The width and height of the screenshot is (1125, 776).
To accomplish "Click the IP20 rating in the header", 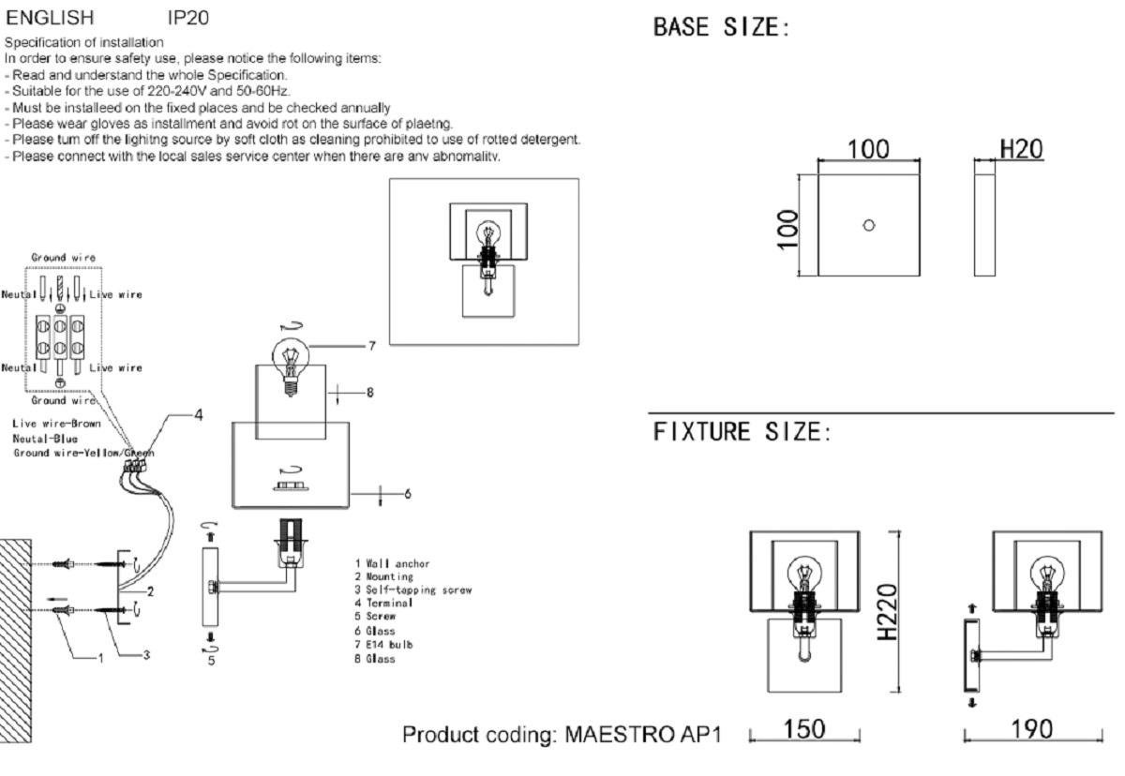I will pyautogui.click(x=187, y=18).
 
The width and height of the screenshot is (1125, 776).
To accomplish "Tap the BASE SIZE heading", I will pyautogui.click(x=721, y=28).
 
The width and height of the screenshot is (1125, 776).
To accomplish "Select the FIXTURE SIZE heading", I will pyautogui.click(x=741, y=432).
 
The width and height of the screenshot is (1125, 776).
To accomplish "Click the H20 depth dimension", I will pyautogui.click(x=1021, y=149).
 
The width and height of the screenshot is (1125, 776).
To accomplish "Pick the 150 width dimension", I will pyautogui.click(x=804, y=729).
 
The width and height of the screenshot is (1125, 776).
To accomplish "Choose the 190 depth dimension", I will pyautogui.click(x=1032, y=729).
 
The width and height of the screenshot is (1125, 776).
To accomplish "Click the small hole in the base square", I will pyautogui.click(x=868, y=225).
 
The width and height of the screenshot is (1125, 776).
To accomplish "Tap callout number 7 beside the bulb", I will pyautogui.click(x=371, y=346).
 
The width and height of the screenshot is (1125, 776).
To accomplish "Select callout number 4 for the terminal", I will pyautogui.click(x=197, y=413).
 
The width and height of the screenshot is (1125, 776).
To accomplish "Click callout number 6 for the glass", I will pyautogui.click(x=407, y=492).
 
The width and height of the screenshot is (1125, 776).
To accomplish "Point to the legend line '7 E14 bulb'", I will pyautogui.click(x=383, y=645).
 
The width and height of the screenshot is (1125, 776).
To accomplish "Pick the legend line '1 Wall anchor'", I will pyautogui.click(x=392, y=563).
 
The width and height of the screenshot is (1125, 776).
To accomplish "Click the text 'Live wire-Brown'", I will pyautogui.click(x=56, y=424).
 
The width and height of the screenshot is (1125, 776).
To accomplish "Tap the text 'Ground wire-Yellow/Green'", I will pyautogui.click(x=83, y=453).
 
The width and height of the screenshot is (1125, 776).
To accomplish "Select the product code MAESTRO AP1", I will pyautogui.click(x=643, y=734).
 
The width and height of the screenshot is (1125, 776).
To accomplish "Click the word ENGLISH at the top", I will pyautogui.click(x=50, y=18).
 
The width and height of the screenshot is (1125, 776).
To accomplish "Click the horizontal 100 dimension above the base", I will pyautogui.click(x=868, y=149).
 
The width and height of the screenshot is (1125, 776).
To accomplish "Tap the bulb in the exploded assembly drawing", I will pyautogui.click(x=291, y=357).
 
